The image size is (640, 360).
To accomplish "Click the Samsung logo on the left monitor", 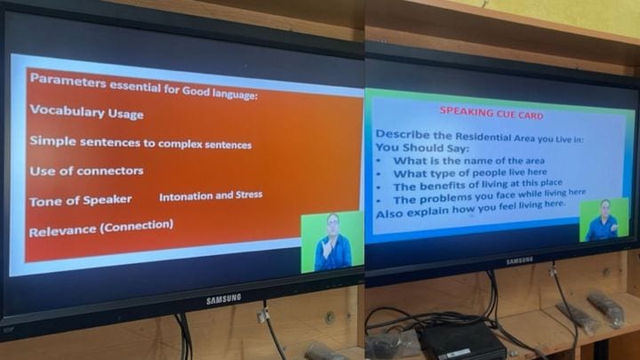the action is [223, 300].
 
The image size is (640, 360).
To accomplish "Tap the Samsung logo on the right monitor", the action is [520, 260].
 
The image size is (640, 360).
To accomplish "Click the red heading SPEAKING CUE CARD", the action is [492, 113].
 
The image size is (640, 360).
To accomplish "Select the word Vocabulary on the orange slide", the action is [67, 111].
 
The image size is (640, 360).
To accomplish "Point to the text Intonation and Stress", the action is [211, 196].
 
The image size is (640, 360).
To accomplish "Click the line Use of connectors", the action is [86, 171].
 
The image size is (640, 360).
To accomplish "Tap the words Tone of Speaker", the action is [80, 200].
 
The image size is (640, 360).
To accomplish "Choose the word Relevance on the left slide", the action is [63, 231].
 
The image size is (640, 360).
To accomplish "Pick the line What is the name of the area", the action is [469, 160].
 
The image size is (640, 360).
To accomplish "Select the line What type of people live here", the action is [470, 172].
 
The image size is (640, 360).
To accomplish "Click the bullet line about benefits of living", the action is [477, 185].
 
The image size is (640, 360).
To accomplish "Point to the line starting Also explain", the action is [470, 210].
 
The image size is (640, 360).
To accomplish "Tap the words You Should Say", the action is [422, 148].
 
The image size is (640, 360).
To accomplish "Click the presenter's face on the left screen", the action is [333, 224].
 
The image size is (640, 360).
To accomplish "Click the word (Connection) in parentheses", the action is [137, 226].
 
